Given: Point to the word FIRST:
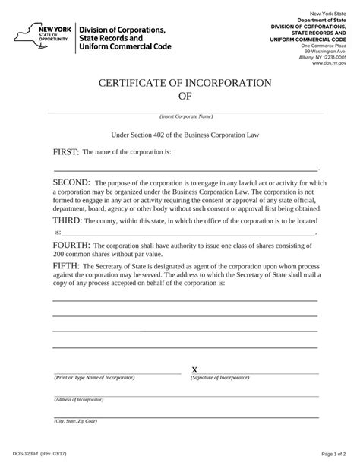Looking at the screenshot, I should (x=66, y=152).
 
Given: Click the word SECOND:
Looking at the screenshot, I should (x=71, y=183).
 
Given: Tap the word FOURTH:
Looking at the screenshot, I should (x=71, y=246).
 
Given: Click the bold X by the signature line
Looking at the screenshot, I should (x=194, y=369).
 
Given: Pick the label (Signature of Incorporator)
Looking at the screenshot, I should (x=226, y=378).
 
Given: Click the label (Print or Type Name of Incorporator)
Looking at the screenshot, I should (x=93, y=378).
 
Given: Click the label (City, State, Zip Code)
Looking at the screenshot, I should (x=75, y=420).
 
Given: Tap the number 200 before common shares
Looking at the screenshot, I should (x=62, y=255).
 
